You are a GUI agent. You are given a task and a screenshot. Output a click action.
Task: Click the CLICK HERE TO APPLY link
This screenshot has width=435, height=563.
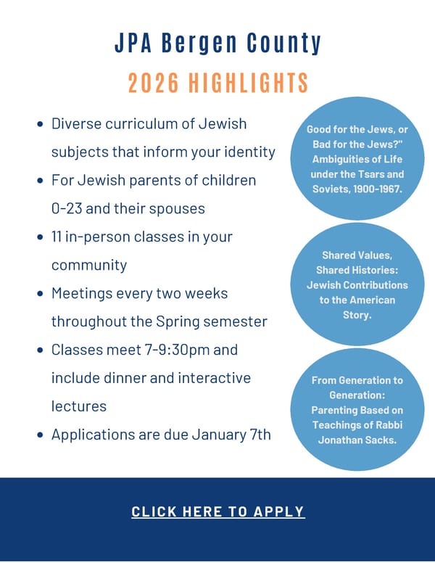point(217,511)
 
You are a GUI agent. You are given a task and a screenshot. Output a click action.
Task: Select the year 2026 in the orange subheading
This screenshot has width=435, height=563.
point(154,83)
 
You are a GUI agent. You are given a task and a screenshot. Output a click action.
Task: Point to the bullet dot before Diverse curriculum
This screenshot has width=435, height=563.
point(41,124)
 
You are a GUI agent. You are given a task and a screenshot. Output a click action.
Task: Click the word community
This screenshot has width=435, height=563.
point(88,266)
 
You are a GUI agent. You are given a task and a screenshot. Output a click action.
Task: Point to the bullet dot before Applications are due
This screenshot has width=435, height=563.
point(41,435)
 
